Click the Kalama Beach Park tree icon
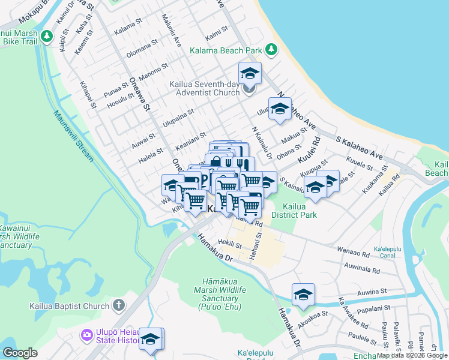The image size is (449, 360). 271,49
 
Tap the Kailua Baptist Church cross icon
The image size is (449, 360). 119,305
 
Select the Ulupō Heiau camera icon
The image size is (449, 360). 88,334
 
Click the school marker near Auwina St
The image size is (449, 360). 303,295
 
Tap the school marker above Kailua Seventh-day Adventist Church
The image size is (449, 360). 250,73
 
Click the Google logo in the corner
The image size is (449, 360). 20,353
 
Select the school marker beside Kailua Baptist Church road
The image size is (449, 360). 151,338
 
